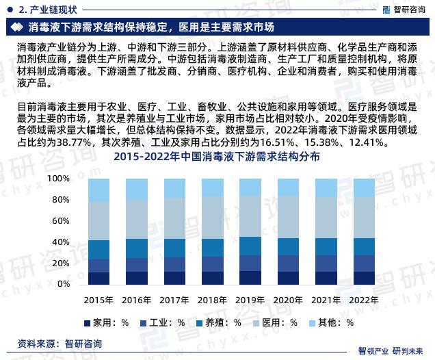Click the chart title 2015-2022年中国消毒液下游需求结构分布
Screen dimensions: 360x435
pos(217,157)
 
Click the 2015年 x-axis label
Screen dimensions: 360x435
pos(98,300)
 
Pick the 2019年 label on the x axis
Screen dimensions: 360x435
pos(250,300)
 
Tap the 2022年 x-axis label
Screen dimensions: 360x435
pos(363,300)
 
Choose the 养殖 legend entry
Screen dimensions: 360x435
pos(218,322)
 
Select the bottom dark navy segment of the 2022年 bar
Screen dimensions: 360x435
pos(363,277)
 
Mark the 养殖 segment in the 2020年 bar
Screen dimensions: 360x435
pos(288,246)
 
